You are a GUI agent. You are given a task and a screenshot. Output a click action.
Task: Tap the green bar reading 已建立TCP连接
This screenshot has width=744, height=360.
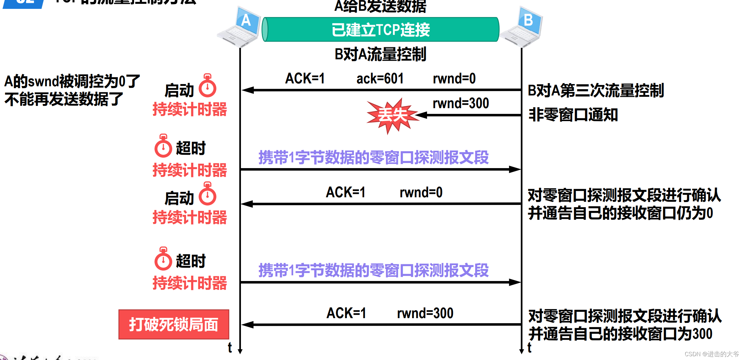pos(380,29)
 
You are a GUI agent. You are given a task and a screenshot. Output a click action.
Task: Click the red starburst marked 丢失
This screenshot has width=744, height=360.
pos(392,115)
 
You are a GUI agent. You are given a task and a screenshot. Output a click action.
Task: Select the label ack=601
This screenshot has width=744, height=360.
pos(380,79)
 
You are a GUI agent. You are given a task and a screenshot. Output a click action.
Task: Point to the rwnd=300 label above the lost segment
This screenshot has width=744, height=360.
pos(460,103)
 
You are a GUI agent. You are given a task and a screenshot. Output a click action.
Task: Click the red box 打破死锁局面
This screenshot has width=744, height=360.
pos(174,324)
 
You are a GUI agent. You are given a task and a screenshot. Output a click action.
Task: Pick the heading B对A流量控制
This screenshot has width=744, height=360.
pos(380,54)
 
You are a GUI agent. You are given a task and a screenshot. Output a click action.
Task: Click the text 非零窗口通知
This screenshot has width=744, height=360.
pos(573,115)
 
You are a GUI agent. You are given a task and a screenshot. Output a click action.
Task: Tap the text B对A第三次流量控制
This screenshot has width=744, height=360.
pos(595,91)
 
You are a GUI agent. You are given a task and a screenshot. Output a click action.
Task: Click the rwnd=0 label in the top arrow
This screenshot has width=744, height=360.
pos(454,79)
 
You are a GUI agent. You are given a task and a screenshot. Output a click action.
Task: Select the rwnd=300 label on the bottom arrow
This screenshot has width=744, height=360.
pos(425,313)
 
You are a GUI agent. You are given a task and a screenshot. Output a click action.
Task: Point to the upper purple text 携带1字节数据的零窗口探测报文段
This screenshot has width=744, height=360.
pos(373,158)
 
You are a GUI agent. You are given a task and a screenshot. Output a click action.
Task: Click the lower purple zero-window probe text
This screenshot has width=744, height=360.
pos(373,271)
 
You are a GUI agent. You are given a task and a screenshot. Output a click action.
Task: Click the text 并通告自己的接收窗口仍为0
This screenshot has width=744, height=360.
pos(620,213)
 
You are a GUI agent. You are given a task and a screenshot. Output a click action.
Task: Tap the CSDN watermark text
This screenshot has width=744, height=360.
pos(711,354)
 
